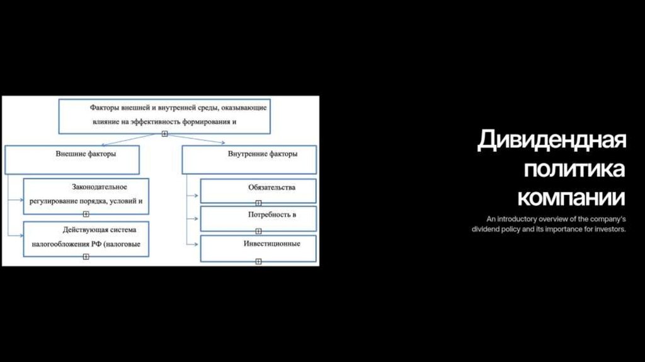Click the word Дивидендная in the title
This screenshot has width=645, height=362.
(x=551, y=140)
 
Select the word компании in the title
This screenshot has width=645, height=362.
(x=571, y=197)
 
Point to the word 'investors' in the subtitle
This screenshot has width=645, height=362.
(x=607, y=229)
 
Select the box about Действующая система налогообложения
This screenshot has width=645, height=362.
(x=86, y=238)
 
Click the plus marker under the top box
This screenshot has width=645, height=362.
(x=164, y=134)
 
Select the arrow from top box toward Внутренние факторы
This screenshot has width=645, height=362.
(x=208, y=141)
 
